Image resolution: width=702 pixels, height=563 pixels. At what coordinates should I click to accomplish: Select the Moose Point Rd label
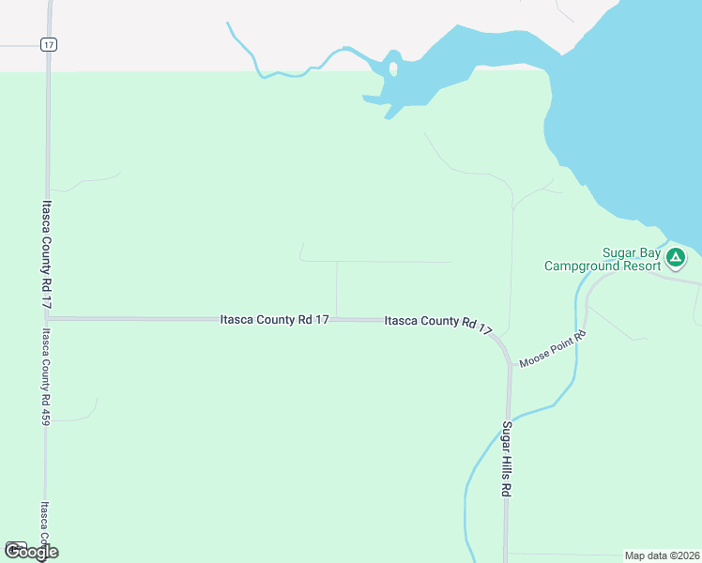(x=554, y=348)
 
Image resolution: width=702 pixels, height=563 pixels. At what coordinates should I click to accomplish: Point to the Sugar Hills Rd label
(x=507, y=460)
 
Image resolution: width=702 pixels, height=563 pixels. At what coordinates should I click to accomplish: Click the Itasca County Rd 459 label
(x=44, y=376)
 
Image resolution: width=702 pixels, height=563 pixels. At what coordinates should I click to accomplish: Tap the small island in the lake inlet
(x=392, y=69)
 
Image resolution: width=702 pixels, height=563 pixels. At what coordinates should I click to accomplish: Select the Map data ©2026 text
(x=662, y=555)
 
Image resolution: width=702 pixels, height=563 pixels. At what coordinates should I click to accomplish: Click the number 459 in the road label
(x=44, y=413)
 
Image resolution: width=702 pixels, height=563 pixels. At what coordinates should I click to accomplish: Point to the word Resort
(x=625, y=266)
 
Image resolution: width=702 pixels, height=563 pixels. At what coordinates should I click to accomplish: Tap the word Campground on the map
(x=583, y=266)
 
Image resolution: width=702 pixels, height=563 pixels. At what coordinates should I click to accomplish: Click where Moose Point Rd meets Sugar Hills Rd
(x=510, y=363)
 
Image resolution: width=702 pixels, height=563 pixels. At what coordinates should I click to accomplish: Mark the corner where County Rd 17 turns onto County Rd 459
(x=46, y=319)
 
